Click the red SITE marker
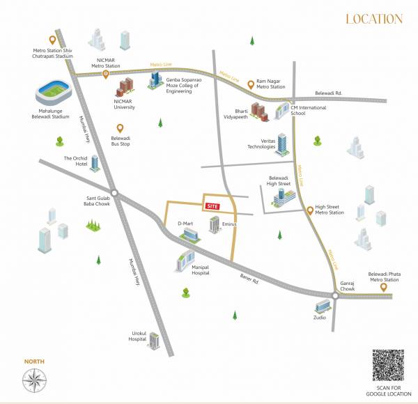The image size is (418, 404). pyautogui.click(x=212, y=207)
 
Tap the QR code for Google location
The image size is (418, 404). pyautogui.click(x=387, y=366)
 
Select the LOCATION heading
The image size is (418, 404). pyautogui.click(x=374, y=19)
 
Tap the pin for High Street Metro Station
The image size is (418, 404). pyautogui.click(x=309, y=210)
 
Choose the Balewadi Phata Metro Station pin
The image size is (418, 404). pyautogui.click(x=382, y=287)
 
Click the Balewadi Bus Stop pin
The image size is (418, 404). pyautogui.click(x=120, y=129)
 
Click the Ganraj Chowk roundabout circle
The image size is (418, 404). pyautogui.click(x=336, y=296)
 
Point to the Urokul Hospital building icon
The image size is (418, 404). pyautogui.click(x=155, y=339)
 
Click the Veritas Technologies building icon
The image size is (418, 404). pyautogui.click(x=283, y=145)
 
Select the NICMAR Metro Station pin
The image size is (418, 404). pyautogui.click(x=106, y=75)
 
